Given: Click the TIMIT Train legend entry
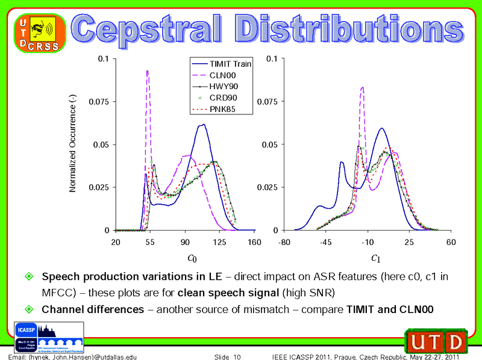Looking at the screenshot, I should pyautogui.click(x=221, y=63).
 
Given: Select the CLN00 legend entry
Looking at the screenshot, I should pyautogui.click(x=221, y=75).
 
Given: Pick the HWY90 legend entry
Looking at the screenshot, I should pyautogui.click(x=221, y=86).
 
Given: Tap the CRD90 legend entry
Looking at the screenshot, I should pyautogui.click(x=221, y=98).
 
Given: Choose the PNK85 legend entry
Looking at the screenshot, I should pyautogui.click(x=221, y=109).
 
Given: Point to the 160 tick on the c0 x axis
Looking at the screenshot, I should pyautogui.click(x=255, y=242).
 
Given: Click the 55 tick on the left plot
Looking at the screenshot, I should pyautogui.click(x=150, y=242).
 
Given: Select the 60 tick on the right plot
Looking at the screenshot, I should pyautogui.click(x=451, y=242).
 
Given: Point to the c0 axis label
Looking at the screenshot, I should pyautogui.click(x=192, y=258).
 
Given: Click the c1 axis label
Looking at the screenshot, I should pyautogui.click(x=375, y=258).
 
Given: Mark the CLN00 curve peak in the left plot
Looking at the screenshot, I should pyautogui.click(x=147, y=71).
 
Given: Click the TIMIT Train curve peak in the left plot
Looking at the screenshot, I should pyautogui.click(x=203, y=125).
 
